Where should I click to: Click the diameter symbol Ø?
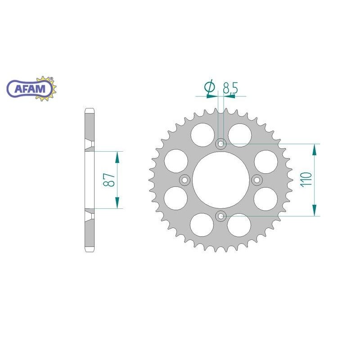(x=209, y=88)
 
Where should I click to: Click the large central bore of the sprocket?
(x=220, y=180)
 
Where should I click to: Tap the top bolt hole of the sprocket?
(x=220, y=144)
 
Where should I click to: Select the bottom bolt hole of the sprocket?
(x=220, y=216)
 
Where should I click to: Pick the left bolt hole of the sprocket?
(x=184, y=180)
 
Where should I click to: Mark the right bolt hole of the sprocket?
(x=257, y=180)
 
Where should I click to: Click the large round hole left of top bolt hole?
(x=202, y=134)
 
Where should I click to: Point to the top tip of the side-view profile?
(x=89, y=110)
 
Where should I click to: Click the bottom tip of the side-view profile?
(x=89, y=251)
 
